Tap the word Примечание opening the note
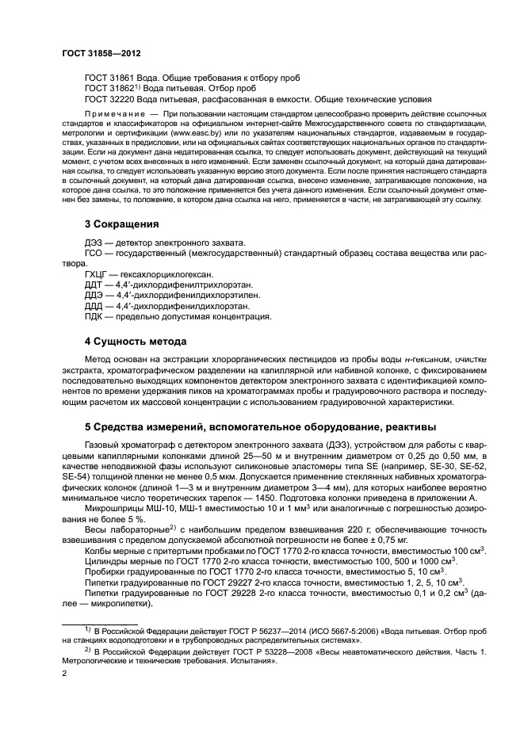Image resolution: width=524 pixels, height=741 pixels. [x=109, y=115]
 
